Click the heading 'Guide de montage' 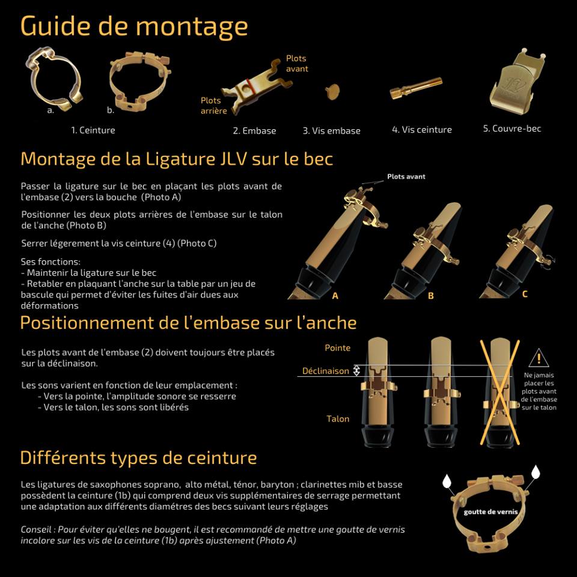tap(134, 26)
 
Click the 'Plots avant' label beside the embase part tap(297, 63)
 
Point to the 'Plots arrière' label tap(214, 106)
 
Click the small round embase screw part tap(332, 91)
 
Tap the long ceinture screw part tap(416, 88)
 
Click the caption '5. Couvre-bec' tap(512, 129)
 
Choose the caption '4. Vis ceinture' tap(422, 130)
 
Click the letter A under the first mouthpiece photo tap(335, 296)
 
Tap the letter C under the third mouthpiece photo tap(525, 294)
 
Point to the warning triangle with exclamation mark tap(539, 358)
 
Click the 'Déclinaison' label tap(326, 371)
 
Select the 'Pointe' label tap(337, 348)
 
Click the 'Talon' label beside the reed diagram tap(338, 419)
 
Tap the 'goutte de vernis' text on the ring tap(490, 512)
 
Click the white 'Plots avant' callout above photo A tap(406, 177)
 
